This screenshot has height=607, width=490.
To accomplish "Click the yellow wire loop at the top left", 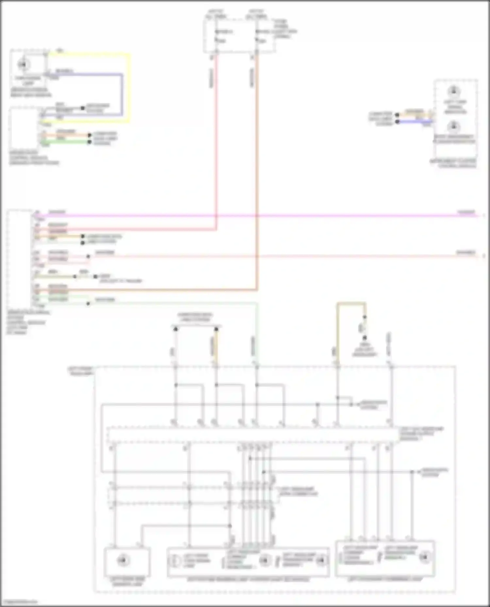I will pos(129,88).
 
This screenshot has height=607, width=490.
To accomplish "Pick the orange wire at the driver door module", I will pos(65,135).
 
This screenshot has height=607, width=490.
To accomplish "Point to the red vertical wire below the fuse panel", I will pos(216,130).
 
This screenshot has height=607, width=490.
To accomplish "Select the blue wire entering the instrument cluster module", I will pos(415,122).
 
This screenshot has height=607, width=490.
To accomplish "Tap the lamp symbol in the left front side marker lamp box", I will pos(123,560).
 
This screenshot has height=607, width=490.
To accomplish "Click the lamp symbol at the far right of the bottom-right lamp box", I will pos(425,557).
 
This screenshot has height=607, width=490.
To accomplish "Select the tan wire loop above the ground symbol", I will pos(351,304).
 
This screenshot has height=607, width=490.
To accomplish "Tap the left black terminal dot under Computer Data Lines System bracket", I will pos(175,329).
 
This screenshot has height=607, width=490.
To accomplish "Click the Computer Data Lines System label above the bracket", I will pos(195,317).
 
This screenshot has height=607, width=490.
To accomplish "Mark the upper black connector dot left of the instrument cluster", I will pos(397,115).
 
